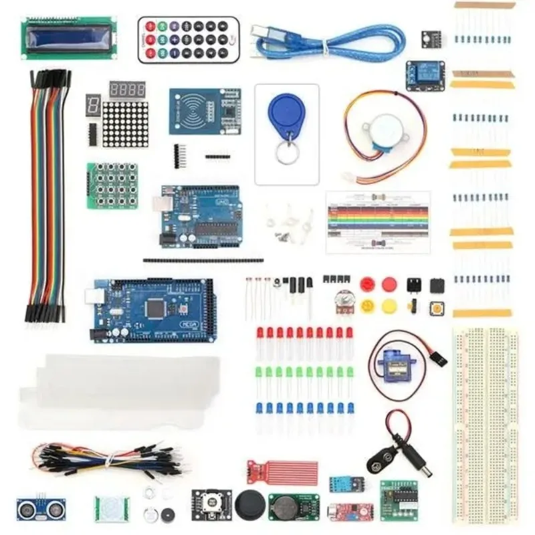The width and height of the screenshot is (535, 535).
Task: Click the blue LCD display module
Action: tap(68, 37)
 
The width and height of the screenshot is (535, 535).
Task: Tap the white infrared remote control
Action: tap(188, 40)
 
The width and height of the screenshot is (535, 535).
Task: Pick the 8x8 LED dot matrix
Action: tap(125, 124)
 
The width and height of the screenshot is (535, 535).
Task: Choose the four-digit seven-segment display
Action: tap(127, 90)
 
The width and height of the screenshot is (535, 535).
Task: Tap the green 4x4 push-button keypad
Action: tap(112, 184)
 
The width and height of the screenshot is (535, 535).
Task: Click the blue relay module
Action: tap(425, 76)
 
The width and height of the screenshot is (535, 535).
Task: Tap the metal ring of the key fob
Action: tap(288, 154)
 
